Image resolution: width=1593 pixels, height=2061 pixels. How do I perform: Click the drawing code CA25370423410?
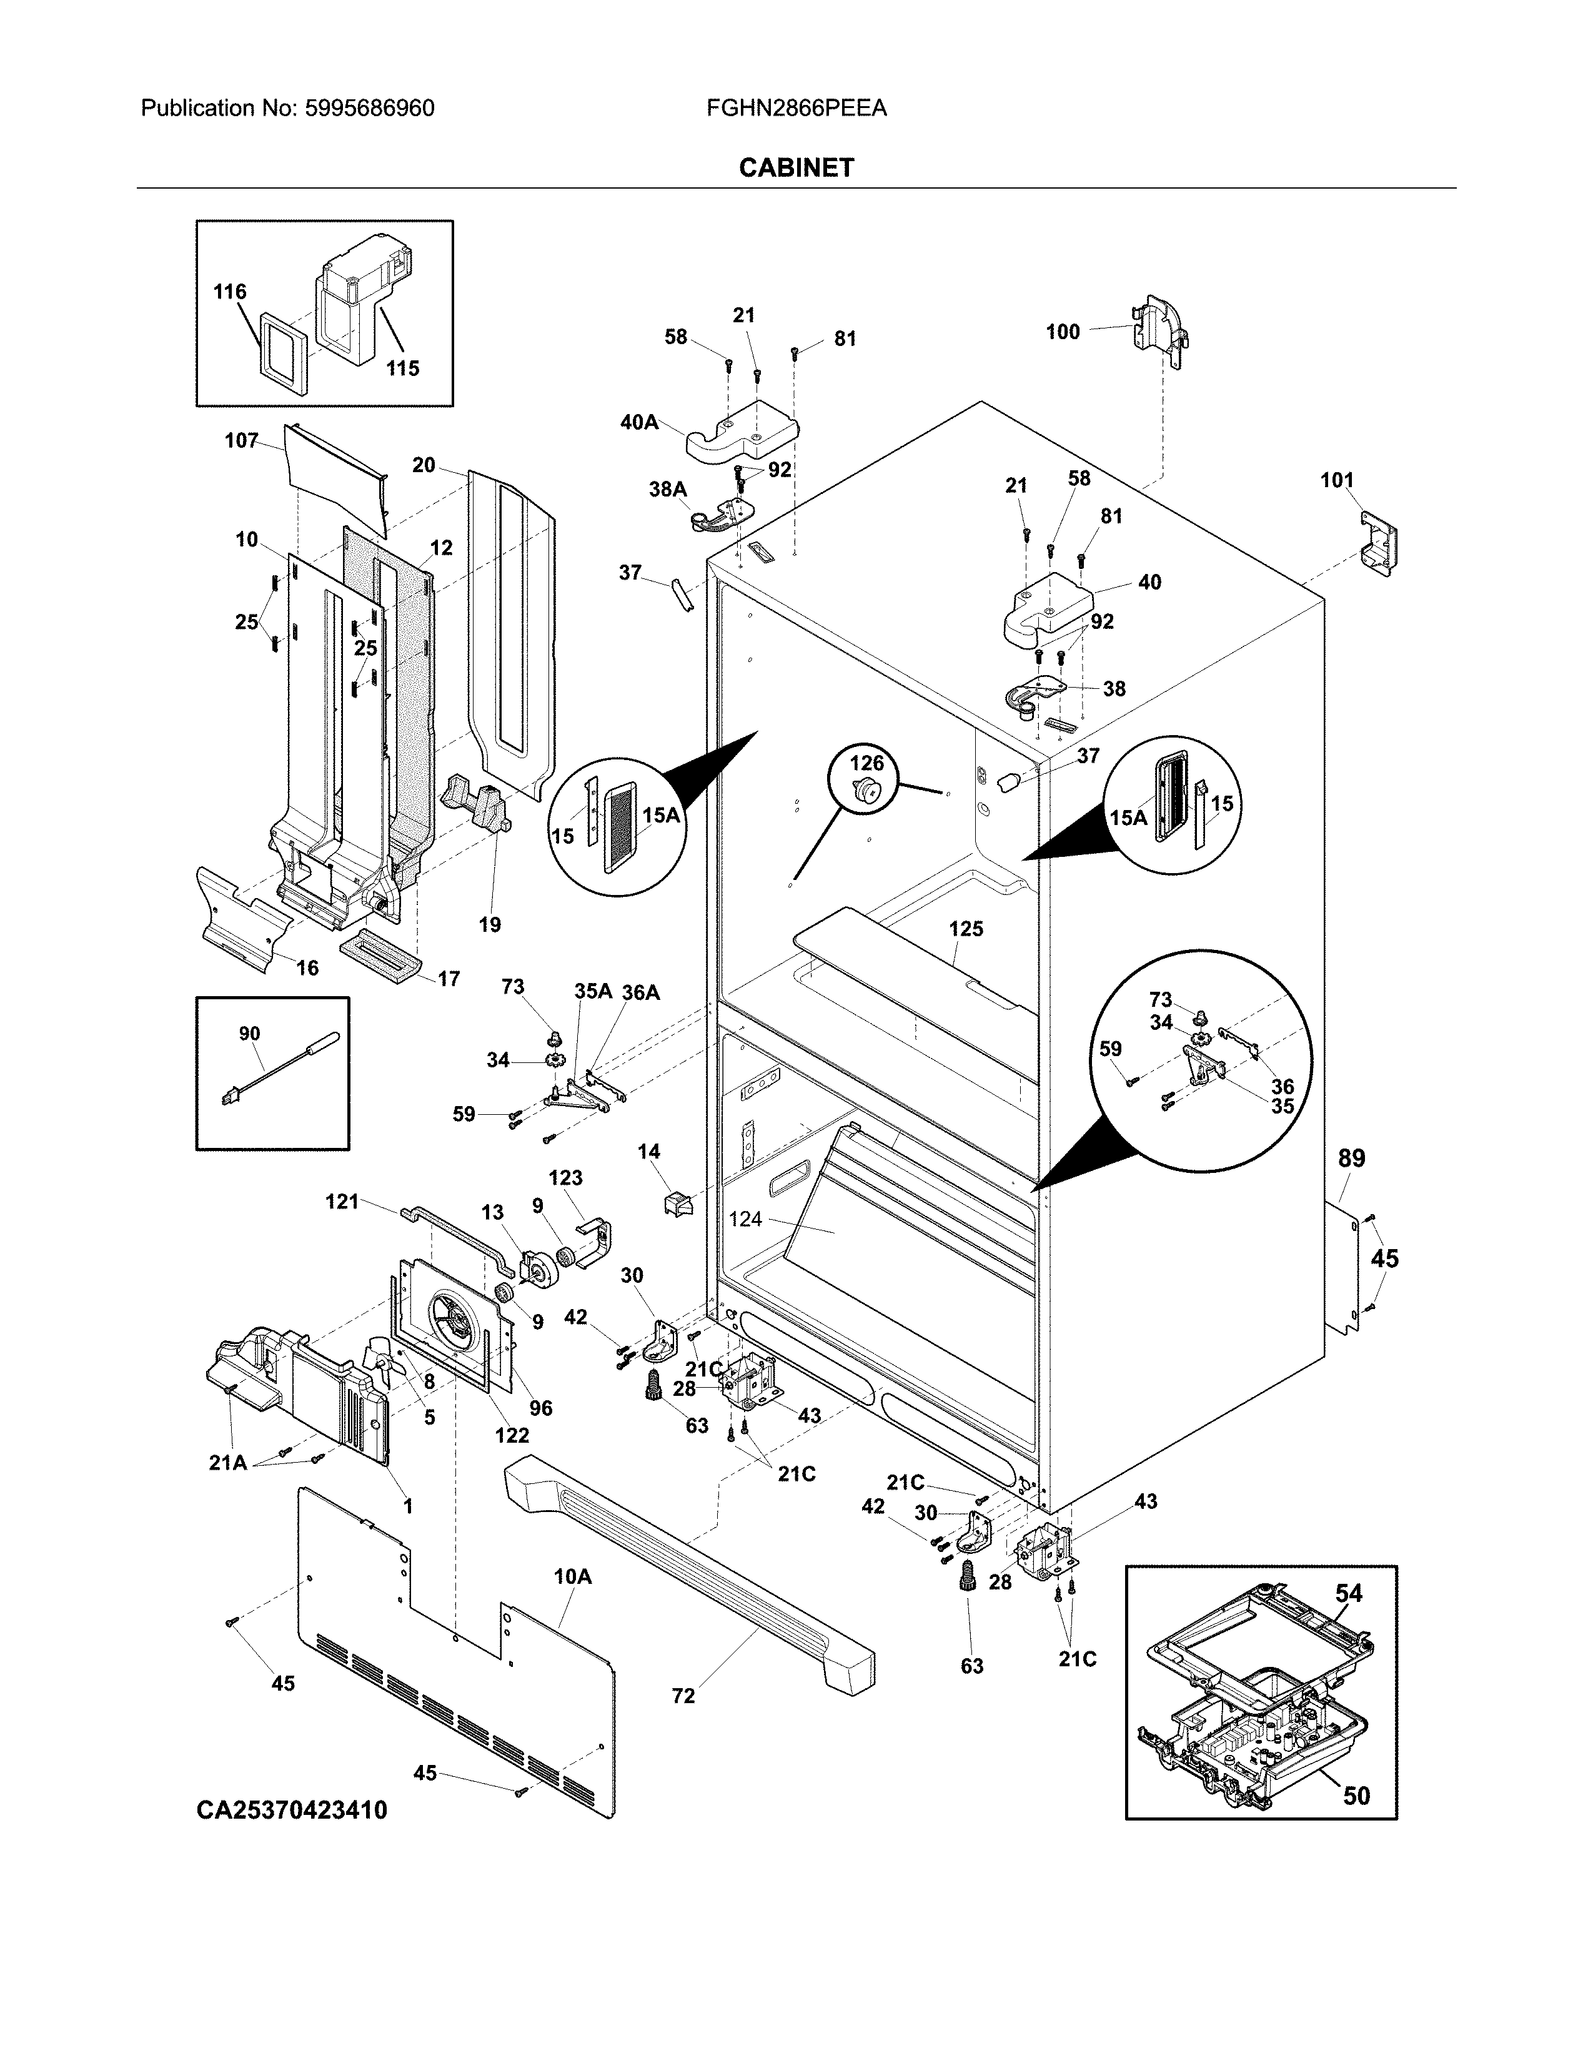coord(292,1810)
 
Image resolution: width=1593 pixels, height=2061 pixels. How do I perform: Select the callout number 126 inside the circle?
coord(867,763)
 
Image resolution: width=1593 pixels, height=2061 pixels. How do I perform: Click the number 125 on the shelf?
coord(965,929)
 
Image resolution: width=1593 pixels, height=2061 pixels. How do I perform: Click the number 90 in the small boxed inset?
coord(249,1034)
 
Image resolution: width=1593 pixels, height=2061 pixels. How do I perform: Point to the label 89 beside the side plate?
coord(1351,1159)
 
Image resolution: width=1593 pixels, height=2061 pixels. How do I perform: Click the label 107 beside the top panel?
coord(242,441)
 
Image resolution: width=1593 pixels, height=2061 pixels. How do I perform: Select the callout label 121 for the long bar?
coord(342,1201)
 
